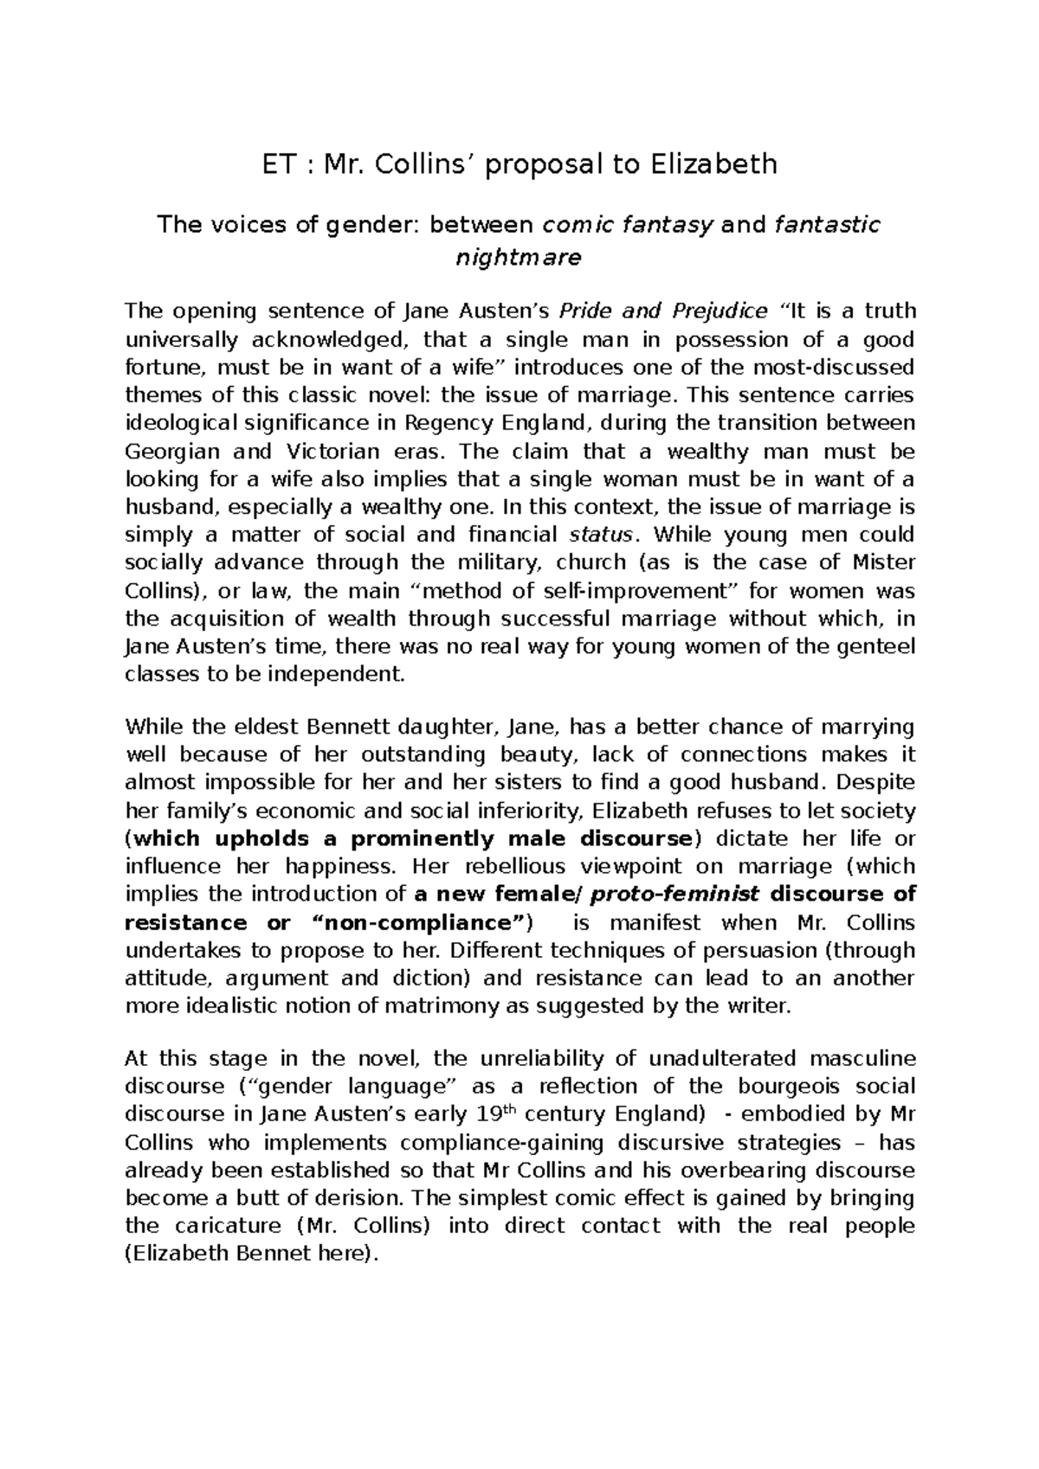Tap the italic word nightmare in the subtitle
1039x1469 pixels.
pyautogui.click(x=519, y=257)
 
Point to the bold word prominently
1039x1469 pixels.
pyautogui.click(x=423, y=838)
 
